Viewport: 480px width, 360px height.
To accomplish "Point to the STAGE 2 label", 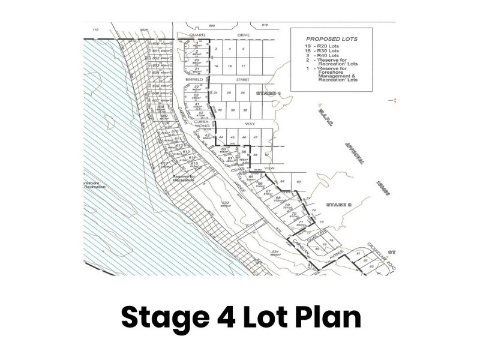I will [339, 205].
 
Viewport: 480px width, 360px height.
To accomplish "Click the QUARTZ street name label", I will [197, 35].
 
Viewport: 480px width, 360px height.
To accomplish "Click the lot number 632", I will [226, 203].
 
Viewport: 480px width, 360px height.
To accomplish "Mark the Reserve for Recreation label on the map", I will [184, 178].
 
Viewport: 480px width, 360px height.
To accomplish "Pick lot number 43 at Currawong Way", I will [207, 135].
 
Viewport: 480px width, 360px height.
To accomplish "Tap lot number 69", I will [287, 205].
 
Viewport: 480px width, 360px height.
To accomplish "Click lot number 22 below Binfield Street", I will [196, 87].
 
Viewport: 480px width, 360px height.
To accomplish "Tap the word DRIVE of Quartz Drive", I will [243, 35].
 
